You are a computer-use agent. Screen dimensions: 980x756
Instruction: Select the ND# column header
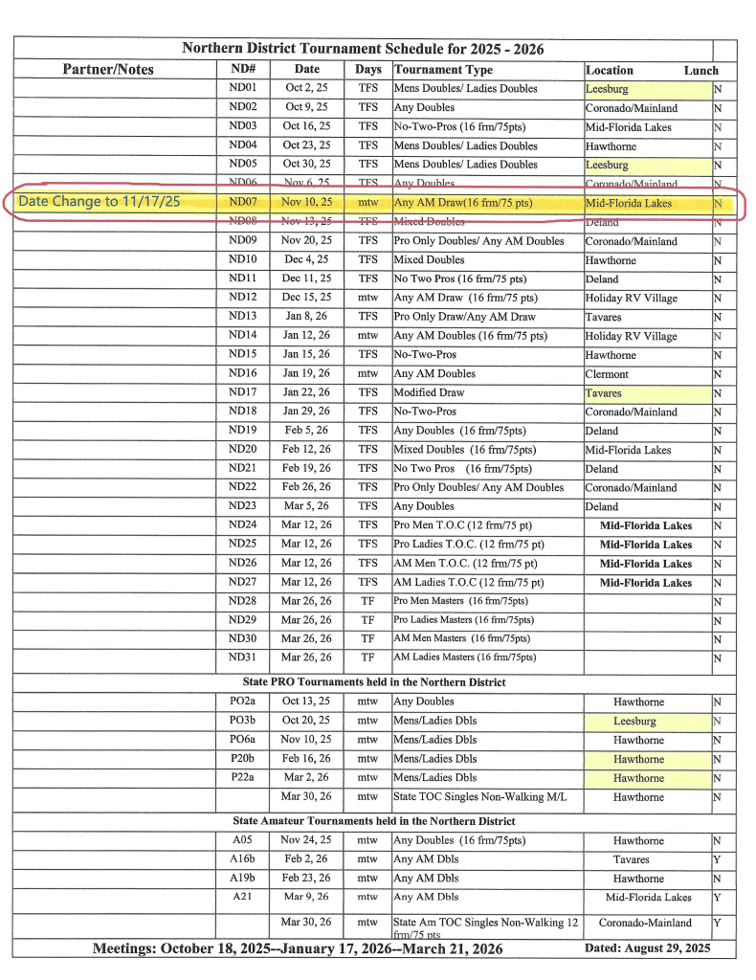[242, 69]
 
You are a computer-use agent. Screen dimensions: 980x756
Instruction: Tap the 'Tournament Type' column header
[444, 70]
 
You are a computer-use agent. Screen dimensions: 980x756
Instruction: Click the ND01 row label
[242, 88]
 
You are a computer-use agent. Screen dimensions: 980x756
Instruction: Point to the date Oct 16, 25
[306, 126]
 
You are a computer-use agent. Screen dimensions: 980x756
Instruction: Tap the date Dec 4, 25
[306, 259]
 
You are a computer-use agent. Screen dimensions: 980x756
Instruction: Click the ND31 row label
[242, 657]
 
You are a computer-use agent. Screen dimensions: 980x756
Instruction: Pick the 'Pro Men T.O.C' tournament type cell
[469, 525]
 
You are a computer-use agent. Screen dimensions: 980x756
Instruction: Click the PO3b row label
[242, 721]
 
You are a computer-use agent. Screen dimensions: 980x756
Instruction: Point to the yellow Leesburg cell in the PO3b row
[635, 721]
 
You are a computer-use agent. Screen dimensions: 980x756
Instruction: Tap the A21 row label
[242, 897]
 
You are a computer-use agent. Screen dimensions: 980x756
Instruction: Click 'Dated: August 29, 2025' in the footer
[647, 948]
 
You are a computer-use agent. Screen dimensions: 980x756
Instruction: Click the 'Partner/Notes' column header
[108, 69]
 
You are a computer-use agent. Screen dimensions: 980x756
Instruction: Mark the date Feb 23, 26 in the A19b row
[306, 878]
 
